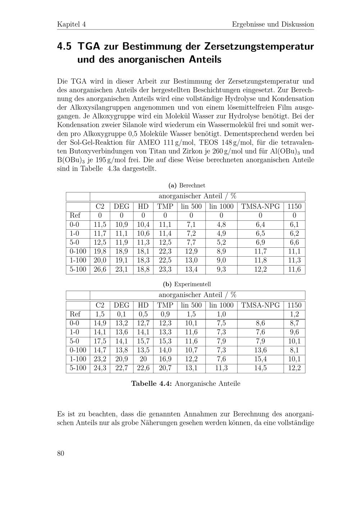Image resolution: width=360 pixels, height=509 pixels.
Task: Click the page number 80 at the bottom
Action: click(x=60, y=453)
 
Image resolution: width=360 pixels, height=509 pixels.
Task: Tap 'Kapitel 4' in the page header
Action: click(x=71, y=24)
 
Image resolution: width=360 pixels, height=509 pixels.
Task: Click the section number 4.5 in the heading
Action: click(x=64, y=47)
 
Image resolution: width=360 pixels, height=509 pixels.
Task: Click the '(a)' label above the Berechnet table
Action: click(x=172, y=185)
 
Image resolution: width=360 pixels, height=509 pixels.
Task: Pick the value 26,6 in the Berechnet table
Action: click(x=100, y=269)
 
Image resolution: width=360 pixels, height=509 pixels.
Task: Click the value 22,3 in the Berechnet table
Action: click(x=165, y=251)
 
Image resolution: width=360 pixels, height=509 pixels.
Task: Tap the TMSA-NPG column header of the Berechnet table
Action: click(x=260, y=206)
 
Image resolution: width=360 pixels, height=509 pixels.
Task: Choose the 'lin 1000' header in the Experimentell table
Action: click(x=221, y=305)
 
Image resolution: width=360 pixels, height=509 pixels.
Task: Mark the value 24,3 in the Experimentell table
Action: click(x=100, y=368)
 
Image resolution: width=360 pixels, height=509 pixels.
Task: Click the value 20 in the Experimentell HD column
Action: click(x=143, y=359)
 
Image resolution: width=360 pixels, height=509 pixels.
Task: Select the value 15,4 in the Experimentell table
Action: click(x=260, y=359)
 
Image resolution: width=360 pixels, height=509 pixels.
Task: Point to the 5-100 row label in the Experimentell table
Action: click(x=78, y=368)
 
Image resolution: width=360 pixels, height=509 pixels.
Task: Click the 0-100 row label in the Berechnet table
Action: click(x=78, y=251)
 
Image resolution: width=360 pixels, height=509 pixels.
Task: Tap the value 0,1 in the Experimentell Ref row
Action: click(x=121, y=314)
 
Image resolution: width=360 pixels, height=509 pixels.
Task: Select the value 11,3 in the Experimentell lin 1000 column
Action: click(x=221, y=368)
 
